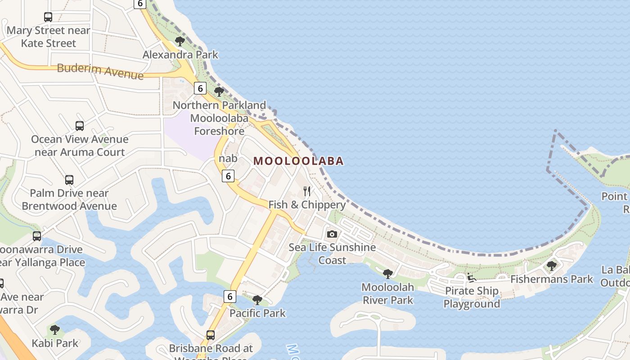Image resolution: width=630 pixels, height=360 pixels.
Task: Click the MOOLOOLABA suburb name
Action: tap(298, 161)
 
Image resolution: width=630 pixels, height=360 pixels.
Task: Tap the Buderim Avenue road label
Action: tap(100, 71)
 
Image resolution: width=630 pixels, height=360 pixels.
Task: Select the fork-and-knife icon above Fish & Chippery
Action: tap(307, 191)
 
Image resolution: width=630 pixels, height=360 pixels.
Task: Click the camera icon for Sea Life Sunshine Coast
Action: tap(332, 234)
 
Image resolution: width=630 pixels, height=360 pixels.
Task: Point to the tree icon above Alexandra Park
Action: tap(180, 41)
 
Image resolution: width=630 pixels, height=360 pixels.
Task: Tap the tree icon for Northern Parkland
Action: tap(219, 92)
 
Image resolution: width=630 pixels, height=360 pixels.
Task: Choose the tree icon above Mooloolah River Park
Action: tap(387, 274)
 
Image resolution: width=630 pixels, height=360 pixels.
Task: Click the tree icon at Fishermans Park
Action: tap(551, 266)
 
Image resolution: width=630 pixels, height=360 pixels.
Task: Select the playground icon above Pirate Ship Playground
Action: tap(471, 278)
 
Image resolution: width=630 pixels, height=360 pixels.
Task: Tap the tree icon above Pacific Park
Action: tap(257, 300)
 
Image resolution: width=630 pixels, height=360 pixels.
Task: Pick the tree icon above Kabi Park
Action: tap(55, 330)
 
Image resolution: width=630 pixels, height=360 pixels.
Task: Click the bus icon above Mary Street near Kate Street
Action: tap(48, 17)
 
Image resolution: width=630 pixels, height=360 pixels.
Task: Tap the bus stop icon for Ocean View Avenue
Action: tap(80, 126)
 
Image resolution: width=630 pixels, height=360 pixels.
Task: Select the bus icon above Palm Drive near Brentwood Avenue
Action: tap(69, 180)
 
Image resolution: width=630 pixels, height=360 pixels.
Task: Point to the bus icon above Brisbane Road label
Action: tap(211, 335)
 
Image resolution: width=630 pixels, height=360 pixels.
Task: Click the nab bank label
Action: tap(228, 158)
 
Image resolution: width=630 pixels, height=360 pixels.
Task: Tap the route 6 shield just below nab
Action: tap(228, 176)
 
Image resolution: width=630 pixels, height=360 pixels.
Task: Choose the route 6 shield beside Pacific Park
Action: tap(229, 296)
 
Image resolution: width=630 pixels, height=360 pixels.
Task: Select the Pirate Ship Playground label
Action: tap(472, 297)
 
